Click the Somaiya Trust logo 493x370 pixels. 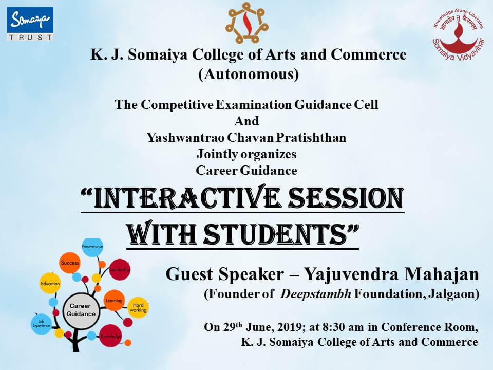click(30, 24)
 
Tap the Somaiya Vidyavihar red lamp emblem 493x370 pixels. click(458, 34)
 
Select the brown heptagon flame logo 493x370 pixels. click(246, 23)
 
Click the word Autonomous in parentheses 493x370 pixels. click(249, 75)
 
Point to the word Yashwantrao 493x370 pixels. click(185, 138)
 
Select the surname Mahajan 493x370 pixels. click(442, 274)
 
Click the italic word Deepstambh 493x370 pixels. click(316, 294)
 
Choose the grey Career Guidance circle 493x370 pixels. click(81, 309)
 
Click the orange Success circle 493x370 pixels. click(70, 263)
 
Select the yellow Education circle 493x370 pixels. click(50, 283)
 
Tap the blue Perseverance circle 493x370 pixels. click(92, 247)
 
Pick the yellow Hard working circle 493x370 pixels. click(138, 307)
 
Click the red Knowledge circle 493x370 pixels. click(111, 336)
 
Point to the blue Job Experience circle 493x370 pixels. click(41, 324)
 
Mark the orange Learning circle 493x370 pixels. click(114, 301)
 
